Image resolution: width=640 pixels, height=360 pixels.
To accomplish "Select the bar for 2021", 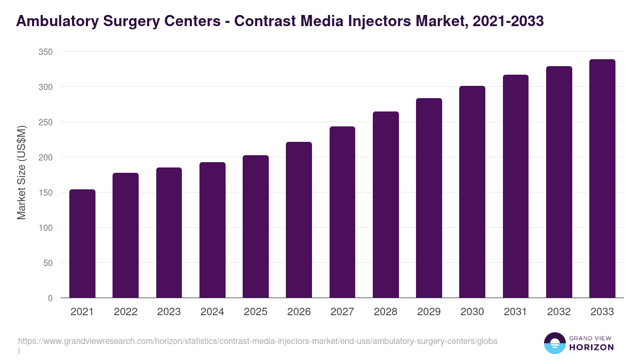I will pyautogui.click(x=82, y=244).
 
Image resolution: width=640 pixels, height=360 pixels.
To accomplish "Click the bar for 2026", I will pyautogui.click(x=299, y=220).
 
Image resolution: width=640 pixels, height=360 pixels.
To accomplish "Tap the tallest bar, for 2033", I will pyautogui.click(x=602, y=179).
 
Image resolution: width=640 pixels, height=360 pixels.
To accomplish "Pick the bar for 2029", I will pyautogui.click(x=429, y=198).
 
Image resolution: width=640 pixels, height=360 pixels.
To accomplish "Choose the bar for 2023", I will pyautogui.click(x=169, y=233).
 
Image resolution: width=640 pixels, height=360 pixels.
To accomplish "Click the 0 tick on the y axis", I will pyautogui.click(x=50, y=298).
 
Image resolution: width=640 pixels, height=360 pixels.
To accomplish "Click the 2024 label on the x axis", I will pyautogui.click(x=212, y=312).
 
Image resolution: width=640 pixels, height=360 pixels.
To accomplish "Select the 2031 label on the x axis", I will pyautogui.click(x=515, y=312).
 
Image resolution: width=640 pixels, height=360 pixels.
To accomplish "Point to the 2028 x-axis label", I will pyautogui.click(x=386, y=312).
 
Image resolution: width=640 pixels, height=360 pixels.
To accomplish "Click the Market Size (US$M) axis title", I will pyautogui.click(x=21, y=172).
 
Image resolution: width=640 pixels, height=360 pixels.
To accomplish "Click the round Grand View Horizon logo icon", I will pyautogui.click(x=554, y=343).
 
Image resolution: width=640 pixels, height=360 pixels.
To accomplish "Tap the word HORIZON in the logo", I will pyautogui.click(x=592, y=347).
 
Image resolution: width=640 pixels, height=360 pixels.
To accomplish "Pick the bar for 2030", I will pyautogui.click(x=472, y=192).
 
